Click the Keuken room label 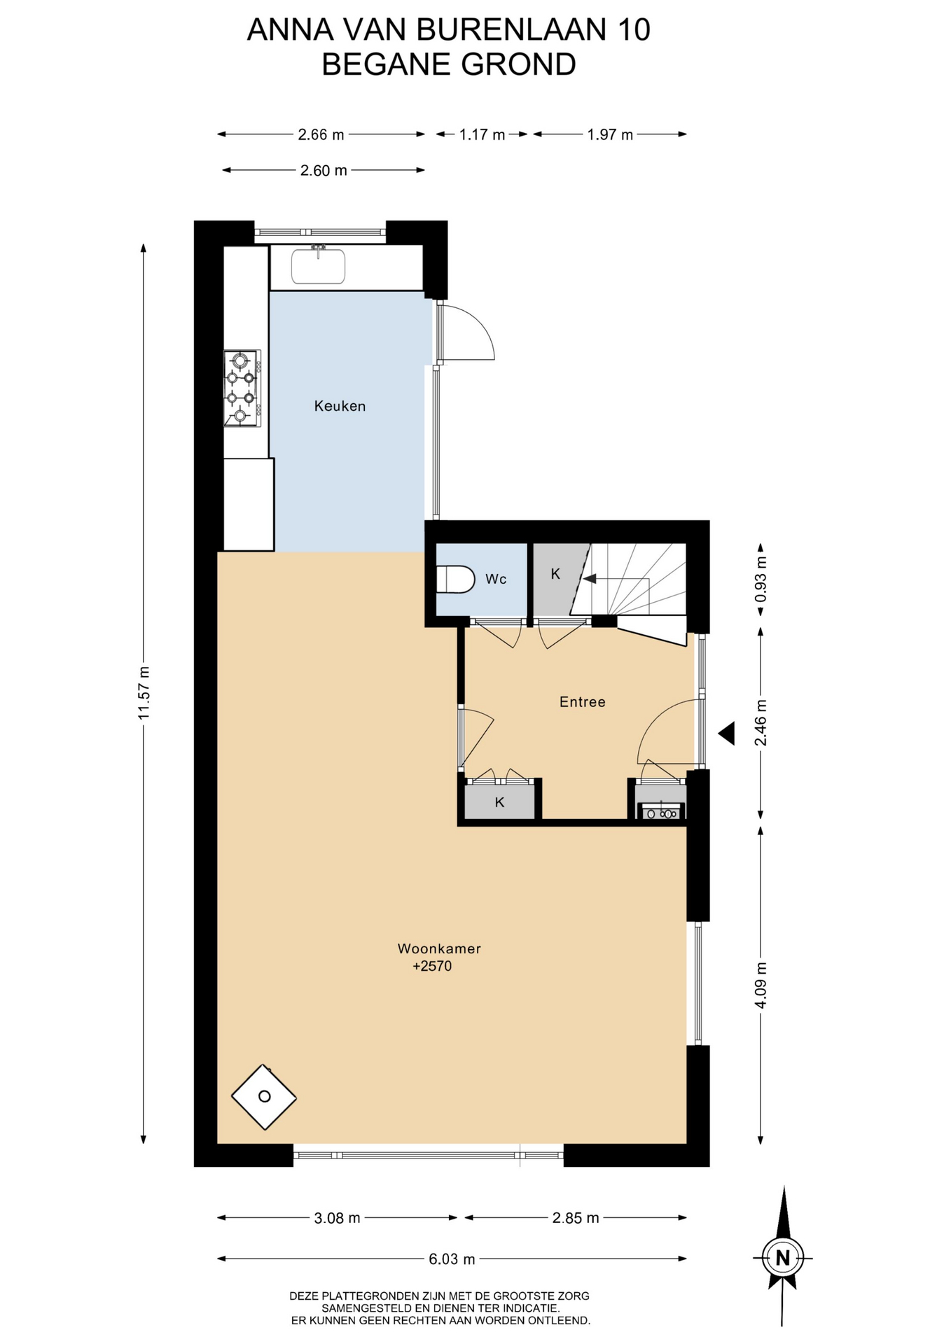click(340, 406)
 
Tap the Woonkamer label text click(439, 948)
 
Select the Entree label click(582, 702)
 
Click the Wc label click(496, 580)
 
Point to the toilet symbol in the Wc click(456, 580)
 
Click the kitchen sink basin click(319, 266)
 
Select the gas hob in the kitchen click(242, 388)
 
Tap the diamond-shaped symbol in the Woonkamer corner click(264, 1097)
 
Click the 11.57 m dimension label click(144, 693)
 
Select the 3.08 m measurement click(337, 1218)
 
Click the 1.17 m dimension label click(482, 134)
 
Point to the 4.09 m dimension click(761, 986)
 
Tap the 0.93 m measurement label click(761, 579)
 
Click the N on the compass click(783, 1258)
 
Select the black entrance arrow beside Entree click(726, 734)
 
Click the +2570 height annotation click(432, 966)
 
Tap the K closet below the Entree click(500, 802)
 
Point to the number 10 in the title click(634, 29)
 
